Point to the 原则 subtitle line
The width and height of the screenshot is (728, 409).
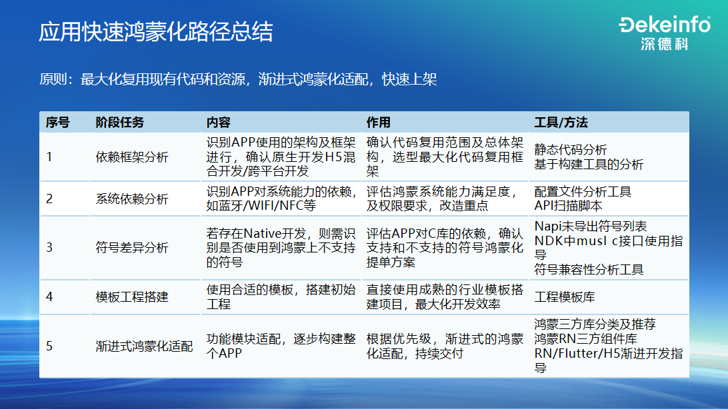(x=238, y=80)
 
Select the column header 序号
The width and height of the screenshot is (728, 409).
(x=57, y=123)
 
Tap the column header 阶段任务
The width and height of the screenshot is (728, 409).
(x=119, y=123)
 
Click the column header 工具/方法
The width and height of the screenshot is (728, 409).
(x=561, y=123)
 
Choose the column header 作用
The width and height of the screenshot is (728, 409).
(x=378, y=123)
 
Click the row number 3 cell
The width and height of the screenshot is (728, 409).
(x=49, y=248)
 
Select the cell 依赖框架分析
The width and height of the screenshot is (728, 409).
(x=132, y=157)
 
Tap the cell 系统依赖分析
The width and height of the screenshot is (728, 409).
(x=132, y=199)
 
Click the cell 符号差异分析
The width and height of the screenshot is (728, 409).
(x=132, y=248)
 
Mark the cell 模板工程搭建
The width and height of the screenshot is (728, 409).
(x=132, y=296)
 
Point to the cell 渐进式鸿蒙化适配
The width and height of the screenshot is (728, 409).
(x=144, y=346)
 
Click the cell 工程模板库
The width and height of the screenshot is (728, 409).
(x=565, y=296)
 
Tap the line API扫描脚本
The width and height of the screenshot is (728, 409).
(x=568, y=206)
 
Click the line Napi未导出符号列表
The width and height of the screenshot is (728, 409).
(x=591, y=226)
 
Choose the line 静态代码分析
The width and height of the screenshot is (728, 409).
(x=571, y=150)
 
